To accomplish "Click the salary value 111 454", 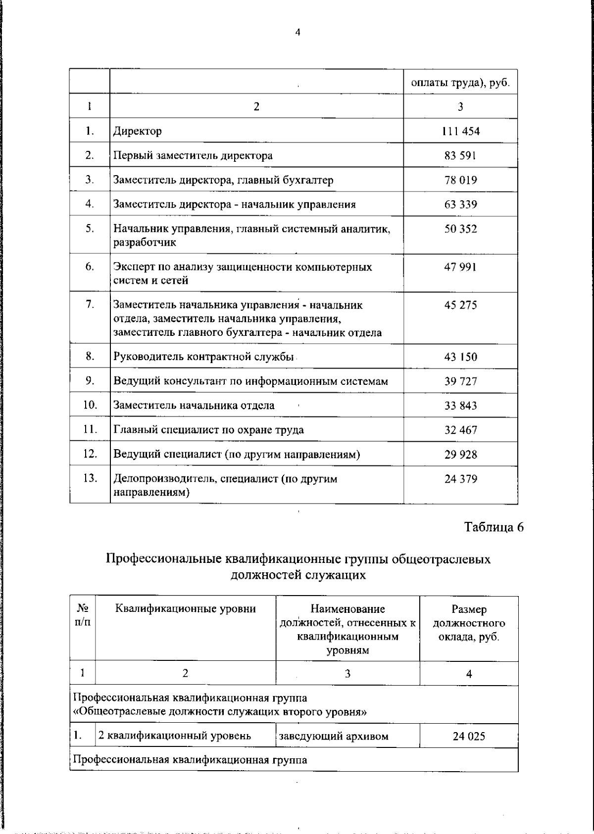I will pyautogui.click(x=460, y=131).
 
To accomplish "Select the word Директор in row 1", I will pyautogui.click(x=138, y=131).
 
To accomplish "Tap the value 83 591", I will pyautogui.click(x=460, y=156).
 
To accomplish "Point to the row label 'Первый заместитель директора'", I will pyautogui.click(x=193, y=156).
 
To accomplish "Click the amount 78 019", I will pyautogui.click(x=460, y=180).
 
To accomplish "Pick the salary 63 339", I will pyautogui.click(x=460, y=204).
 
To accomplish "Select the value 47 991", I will pyautogui.click(x=460, y=267).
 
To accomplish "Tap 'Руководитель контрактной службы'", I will pyautogui.click(x=204, y=357).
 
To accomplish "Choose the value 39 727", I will pyautogui.click(x=460, y=381).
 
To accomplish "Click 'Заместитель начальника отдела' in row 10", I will pyautogui.click(x=194, y=406).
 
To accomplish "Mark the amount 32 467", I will pyautogui.click(x=460, y=430).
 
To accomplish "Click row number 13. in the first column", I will pyautogui.click(x=90, y=478).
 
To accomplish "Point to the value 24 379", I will pyautogui.click(x=460, y=479).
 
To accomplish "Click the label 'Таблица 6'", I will pyautogui.click(x=494, y=527).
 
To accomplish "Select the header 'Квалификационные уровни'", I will pyautogui.click(x=186, y=609).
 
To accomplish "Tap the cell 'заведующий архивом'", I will pyautogui.click(x=334, y=736).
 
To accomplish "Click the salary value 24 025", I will pyautogui.click(x=469, y=736).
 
